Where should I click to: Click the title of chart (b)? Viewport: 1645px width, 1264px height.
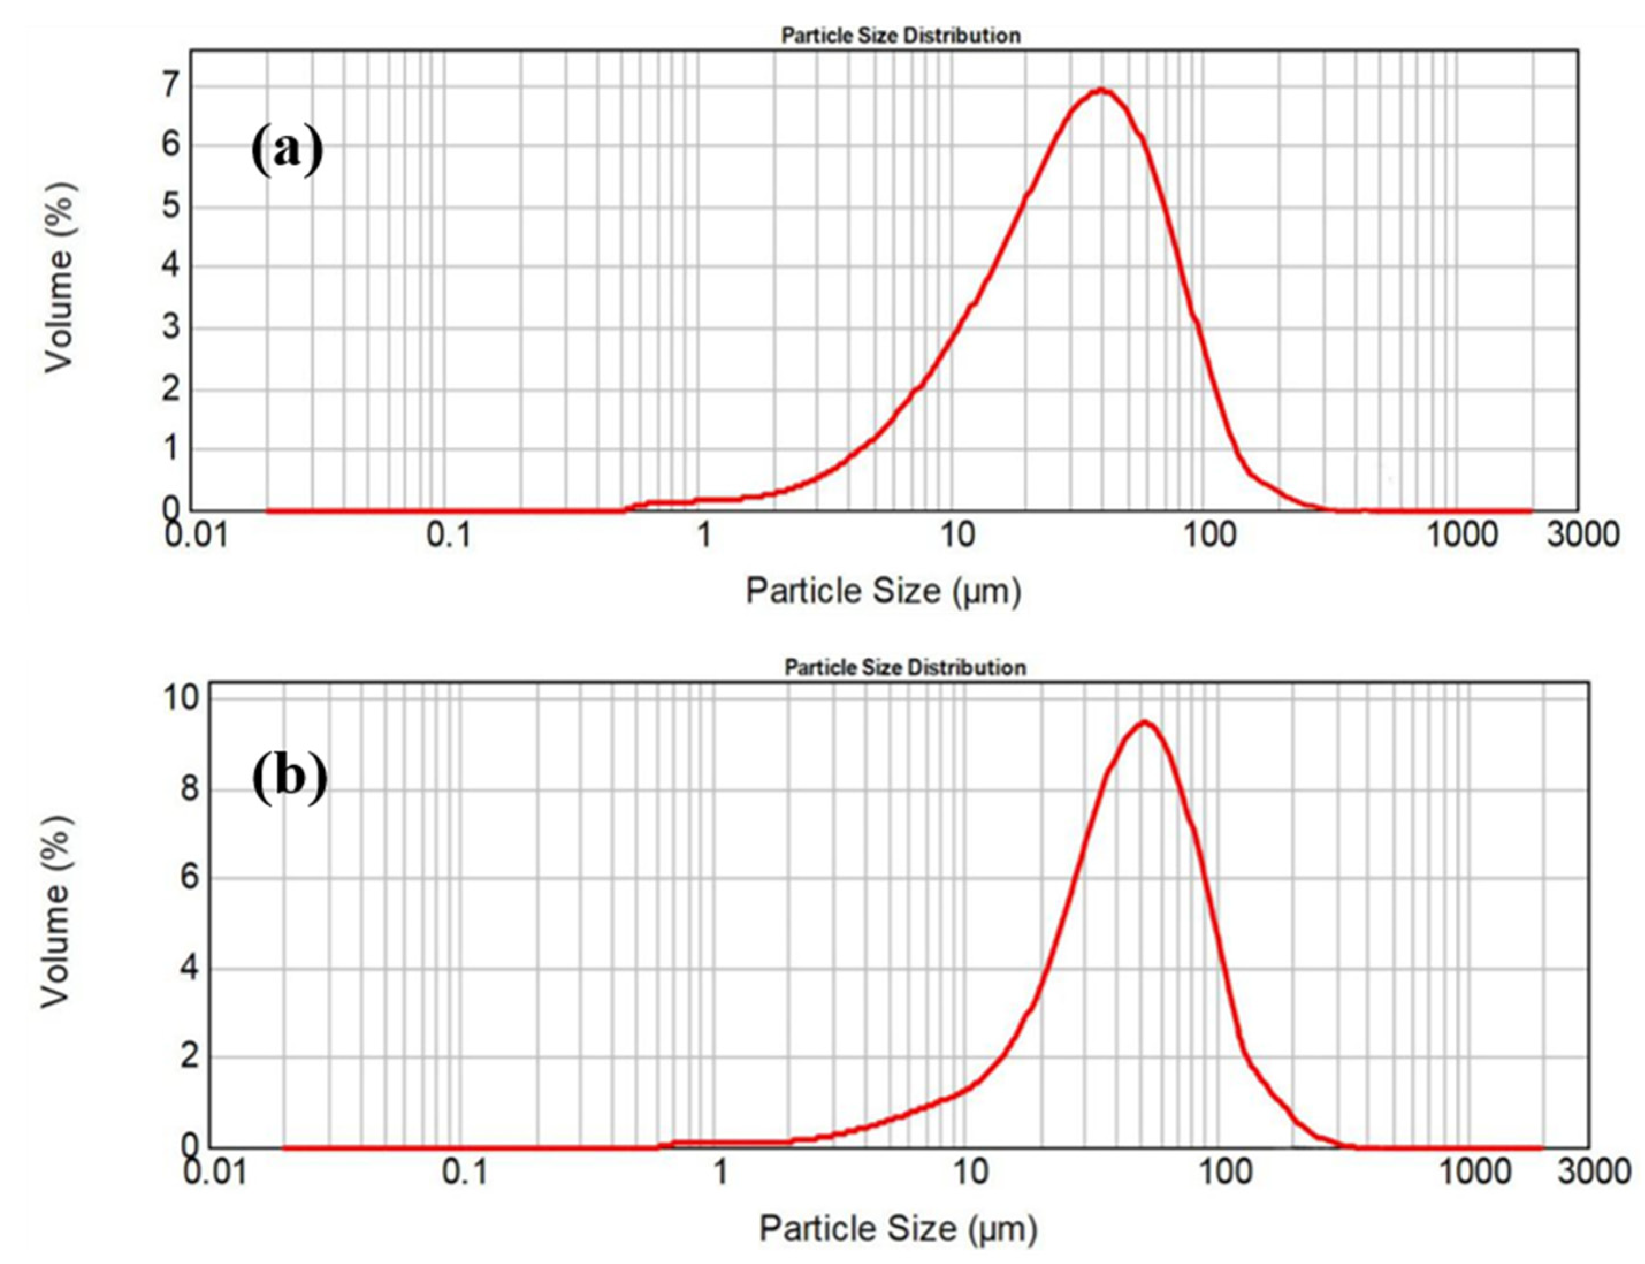point(904,667)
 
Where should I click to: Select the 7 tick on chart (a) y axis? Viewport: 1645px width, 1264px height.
point(171,85)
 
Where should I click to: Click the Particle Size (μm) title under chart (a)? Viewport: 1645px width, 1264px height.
point(883,591)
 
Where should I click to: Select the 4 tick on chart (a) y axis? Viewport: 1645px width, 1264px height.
point(171,266)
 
